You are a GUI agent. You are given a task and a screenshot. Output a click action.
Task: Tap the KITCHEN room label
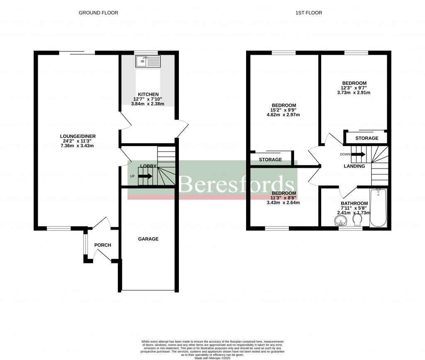[x=149, y=94]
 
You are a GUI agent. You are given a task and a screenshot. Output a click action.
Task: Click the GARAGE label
[x=148, y=239]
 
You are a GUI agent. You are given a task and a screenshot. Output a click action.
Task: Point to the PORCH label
[x=103, y=245]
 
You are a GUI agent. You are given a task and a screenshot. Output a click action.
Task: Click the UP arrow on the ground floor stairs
[x=145, y=176]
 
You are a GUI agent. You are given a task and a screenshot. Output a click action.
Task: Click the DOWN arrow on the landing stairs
[x=358, y=154]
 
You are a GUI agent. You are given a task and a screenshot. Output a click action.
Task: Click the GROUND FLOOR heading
[x=98, y=13]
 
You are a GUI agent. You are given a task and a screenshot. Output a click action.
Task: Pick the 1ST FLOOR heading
[x=308, y=13]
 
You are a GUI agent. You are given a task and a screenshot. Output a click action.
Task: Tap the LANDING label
[x=354, y=166]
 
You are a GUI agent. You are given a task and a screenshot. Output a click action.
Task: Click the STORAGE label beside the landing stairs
[x=366, y=138]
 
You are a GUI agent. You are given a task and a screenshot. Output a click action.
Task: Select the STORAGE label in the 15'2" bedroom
[x=270, y=159]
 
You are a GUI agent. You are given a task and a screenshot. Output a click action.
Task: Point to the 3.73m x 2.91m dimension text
[x=354, y=93]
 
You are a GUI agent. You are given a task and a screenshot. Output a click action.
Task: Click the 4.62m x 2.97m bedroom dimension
[x=283, y=115]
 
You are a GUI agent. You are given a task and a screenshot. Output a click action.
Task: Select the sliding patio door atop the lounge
[x=77, y=52]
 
